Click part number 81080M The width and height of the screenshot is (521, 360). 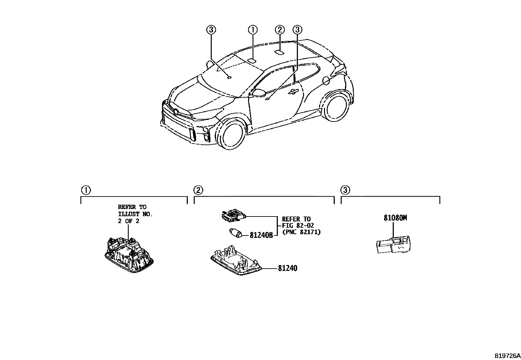pos(395,218)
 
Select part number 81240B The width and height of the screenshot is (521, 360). pos(261,235)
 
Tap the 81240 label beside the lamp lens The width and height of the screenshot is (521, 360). pos(288,268)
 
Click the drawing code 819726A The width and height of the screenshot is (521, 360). pos(507,355)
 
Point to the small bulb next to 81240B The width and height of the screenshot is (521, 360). pos(235,234)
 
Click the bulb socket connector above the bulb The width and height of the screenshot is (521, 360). pos(233,216)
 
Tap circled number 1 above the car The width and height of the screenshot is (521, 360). pos(253,30)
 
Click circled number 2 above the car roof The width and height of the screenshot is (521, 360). pos(279,30)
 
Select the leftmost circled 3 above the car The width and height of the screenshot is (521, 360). pos(211,30)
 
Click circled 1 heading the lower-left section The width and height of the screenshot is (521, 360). pos(85,190)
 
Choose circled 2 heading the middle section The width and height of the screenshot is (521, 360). pos(198,190)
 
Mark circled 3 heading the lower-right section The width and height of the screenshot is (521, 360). pos(345,190)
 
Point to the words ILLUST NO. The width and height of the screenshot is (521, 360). pos(135,214)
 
